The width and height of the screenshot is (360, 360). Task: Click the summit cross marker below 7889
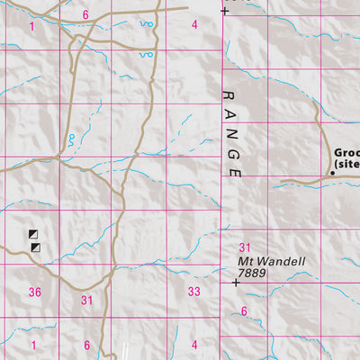pos(236,283)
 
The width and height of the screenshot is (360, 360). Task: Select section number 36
pos(35,292)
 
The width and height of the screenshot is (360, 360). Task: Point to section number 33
pos(193,292)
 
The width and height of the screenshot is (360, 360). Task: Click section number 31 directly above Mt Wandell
pos(243,247)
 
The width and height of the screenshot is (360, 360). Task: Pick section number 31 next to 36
pos(87,300)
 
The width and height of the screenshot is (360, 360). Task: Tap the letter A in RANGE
pos(229,113)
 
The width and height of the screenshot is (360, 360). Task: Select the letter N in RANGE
pos(230,133)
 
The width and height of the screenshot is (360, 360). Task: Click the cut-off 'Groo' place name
pos(346,154)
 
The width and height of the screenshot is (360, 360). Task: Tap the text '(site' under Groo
pos(346,166)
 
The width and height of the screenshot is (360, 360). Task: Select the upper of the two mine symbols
pos(34,234)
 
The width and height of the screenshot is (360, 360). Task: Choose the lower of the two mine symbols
pos(35,247)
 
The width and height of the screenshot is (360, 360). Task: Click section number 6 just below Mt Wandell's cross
pos(243,310)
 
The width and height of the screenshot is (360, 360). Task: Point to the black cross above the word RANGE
pos(224,11)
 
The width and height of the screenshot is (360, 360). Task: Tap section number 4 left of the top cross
pos(194,23)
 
